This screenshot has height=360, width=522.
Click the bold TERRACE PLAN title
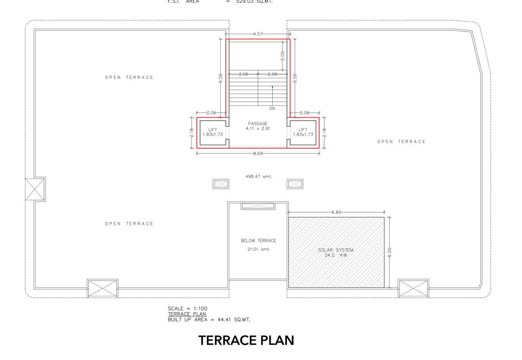tap(246, 340)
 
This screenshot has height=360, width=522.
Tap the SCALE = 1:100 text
tap(187, 308)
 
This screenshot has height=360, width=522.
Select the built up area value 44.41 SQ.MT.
tap(234, 320)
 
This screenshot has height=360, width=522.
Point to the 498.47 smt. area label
tap(258, 177)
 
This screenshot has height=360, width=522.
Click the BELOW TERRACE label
tap(258, 240)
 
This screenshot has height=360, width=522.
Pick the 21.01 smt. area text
tap(258, 249)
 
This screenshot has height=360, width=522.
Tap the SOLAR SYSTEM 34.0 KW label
tap(336, 253)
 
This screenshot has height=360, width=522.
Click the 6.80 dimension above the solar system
tap(336, 212)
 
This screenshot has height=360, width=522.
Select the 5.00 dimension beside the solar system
tap(389, 252)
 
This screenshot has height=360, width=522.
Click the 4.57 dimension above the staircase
tap(257, 34)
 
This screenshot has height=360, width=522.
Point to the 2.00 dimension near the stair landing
tap(282, 55)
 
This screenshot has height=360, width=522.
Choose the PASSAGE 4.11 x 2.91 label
tap(258, 126)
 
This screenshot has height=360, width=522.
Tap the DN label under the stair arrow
tap(272, 108)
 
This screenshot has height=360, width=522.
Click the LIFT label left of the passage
tap(212, 132)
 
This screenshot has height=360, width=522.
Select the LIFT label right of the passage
tap(303, 132)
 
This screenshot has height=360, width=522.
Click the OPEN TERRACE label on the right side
tap(401, 142)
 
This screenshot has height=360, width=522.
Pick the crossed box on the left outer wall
tap(35, 189)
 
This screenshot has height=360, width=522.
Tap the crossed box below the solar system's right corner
tap(413, 288)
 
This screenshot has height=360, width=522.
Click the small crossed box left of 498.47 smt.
tap(221, 184)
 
